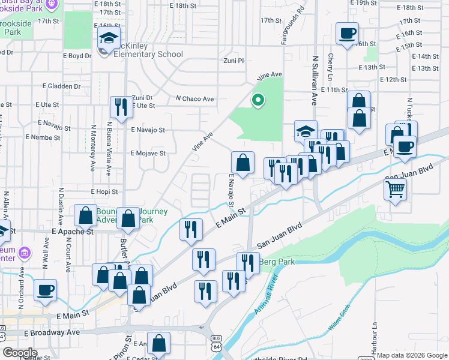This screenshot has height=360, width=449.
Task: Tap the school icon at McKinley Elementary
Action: (109, 40)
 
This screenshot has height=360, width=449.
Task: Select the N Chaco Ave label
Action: (194, 98)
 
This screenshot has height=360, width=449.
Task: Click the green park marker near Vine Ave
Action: (258, 100)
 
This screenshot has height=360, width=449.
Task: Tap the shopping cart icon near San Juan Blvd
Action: (396, 190)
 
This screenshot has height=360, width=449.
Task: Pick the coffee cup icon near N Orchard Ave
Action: (45, 291)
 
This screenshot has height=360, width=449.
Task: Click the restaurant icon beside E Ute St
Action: (121, 106)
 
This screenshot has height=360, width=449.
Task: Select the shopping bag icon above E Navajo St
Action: (243, 162)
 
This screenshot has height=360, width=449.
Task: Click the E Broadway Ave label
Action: (52, 332)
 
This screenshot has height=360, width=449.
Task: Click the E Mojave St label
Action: (148, 153)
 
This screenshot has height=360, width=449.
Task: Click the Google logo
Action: (20, 353)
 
